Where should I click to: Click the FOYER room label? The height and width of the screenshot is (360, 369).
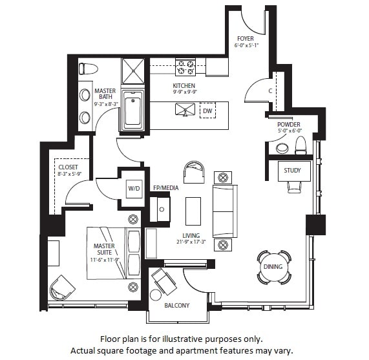pos(244,38)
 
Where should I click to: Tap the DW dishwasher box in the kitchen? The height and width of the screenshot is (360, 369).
pos(207,111)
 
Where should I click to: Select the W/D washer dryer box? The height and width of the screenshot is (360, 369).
pos(134,188)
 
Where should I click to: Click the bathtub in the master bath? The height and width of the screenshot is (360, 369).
pos(132,111)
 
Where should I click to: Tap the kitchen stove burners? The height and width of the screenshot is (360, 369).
pos(186,65)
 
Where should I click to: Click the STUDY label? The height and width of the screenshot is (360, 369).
pos(292,171)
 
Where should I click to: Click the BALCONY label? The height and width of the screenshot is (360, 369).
pos(176,305)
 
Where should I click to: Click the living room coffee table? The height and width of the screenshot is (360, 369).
pos(193,211)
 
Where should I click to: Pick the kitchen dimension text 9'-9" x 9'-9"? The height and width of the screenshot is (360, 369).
pos(184,92)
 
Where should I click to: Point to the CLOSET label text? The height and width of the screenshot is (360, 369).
pos(68,167)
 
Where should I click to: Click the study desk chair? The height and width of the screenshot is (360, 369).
pos(294,187)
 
